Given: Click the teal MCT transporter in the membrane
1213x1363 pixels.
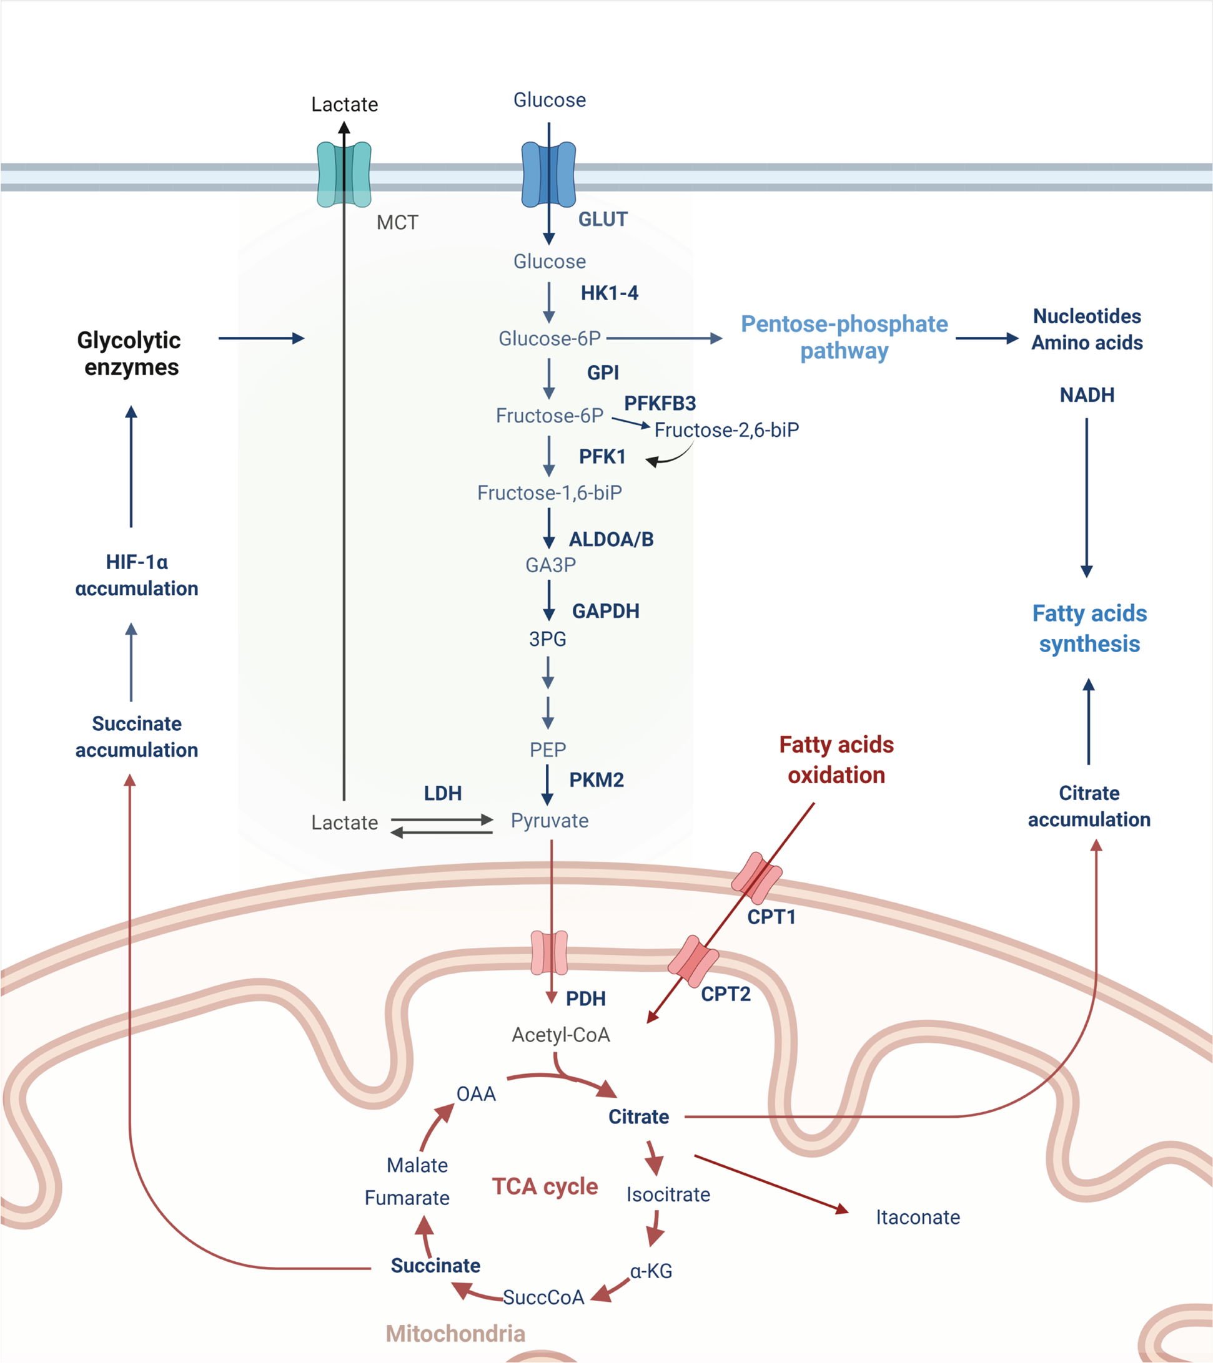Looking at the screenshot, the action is [344, 174].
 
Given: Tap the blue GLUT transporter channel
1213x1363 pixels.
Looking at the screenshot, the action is [548, 174].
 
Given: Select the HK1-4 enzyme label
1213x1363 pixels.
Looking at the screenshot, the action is [609, 293].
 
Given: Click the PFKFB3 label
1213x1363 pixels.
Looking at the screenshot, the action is [660, 403].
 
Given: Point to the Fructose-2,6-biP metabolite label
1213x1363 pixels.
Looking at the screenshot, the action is [726, 430].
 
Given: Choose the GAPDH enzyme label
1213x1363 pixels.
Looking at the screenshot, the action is [606, 611].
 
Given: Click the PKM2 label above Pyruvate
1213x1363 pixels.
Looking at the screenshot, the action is [597, 779].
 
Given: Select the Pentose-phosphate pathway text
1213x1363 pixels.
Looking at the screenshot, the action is [844, 338].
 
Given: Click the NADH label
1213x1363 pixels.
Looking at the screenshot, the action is [1087, 395].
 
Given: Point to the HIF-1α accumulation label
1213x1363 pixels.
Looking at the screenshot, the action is [136, 575].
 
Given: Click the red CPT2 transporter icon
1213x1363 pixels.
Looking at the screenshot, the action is [693, 961].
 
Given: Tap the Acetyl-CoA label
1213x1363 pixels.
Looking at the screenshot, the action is [560, 1035].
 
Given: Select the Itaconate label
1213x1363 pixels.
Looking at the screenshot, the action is [918, 1217].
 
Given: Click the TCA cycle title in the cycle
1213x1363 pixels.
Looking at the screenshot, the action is [545, 1186].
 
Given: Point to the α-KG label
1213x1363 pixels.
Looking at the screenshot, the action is [651, 1271].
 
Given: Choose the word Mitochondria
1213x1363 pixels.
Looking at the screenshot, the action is [456, 1333].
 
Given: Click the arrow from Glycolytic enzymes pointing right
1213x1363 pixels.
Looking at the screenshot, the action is [262, 338].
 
